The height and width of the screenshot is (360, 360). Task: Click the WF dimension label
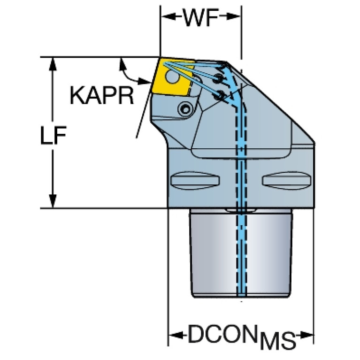200,17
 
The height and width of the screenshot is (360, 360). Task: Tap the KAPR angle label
102,96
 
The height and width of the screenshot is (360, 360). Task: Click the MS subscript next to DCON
277,340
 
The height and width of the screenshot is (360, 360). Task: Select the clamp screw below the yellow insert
185,109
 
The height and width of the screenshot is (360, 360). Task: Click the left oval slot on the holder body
196,180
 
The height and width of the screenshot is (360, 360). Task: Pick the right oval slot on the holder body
287,180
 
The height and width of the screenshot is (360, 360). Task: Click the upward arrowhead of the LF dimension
53,64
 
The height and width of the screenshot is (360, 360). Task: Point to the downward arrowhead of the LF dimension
53,201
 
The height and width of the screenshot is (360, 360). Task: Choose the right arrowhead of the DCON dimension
306,336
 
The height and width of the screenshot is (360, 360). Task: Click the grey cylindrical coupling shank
241,253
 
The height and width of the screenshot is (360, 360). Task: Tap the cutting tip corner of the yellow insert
160,58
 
